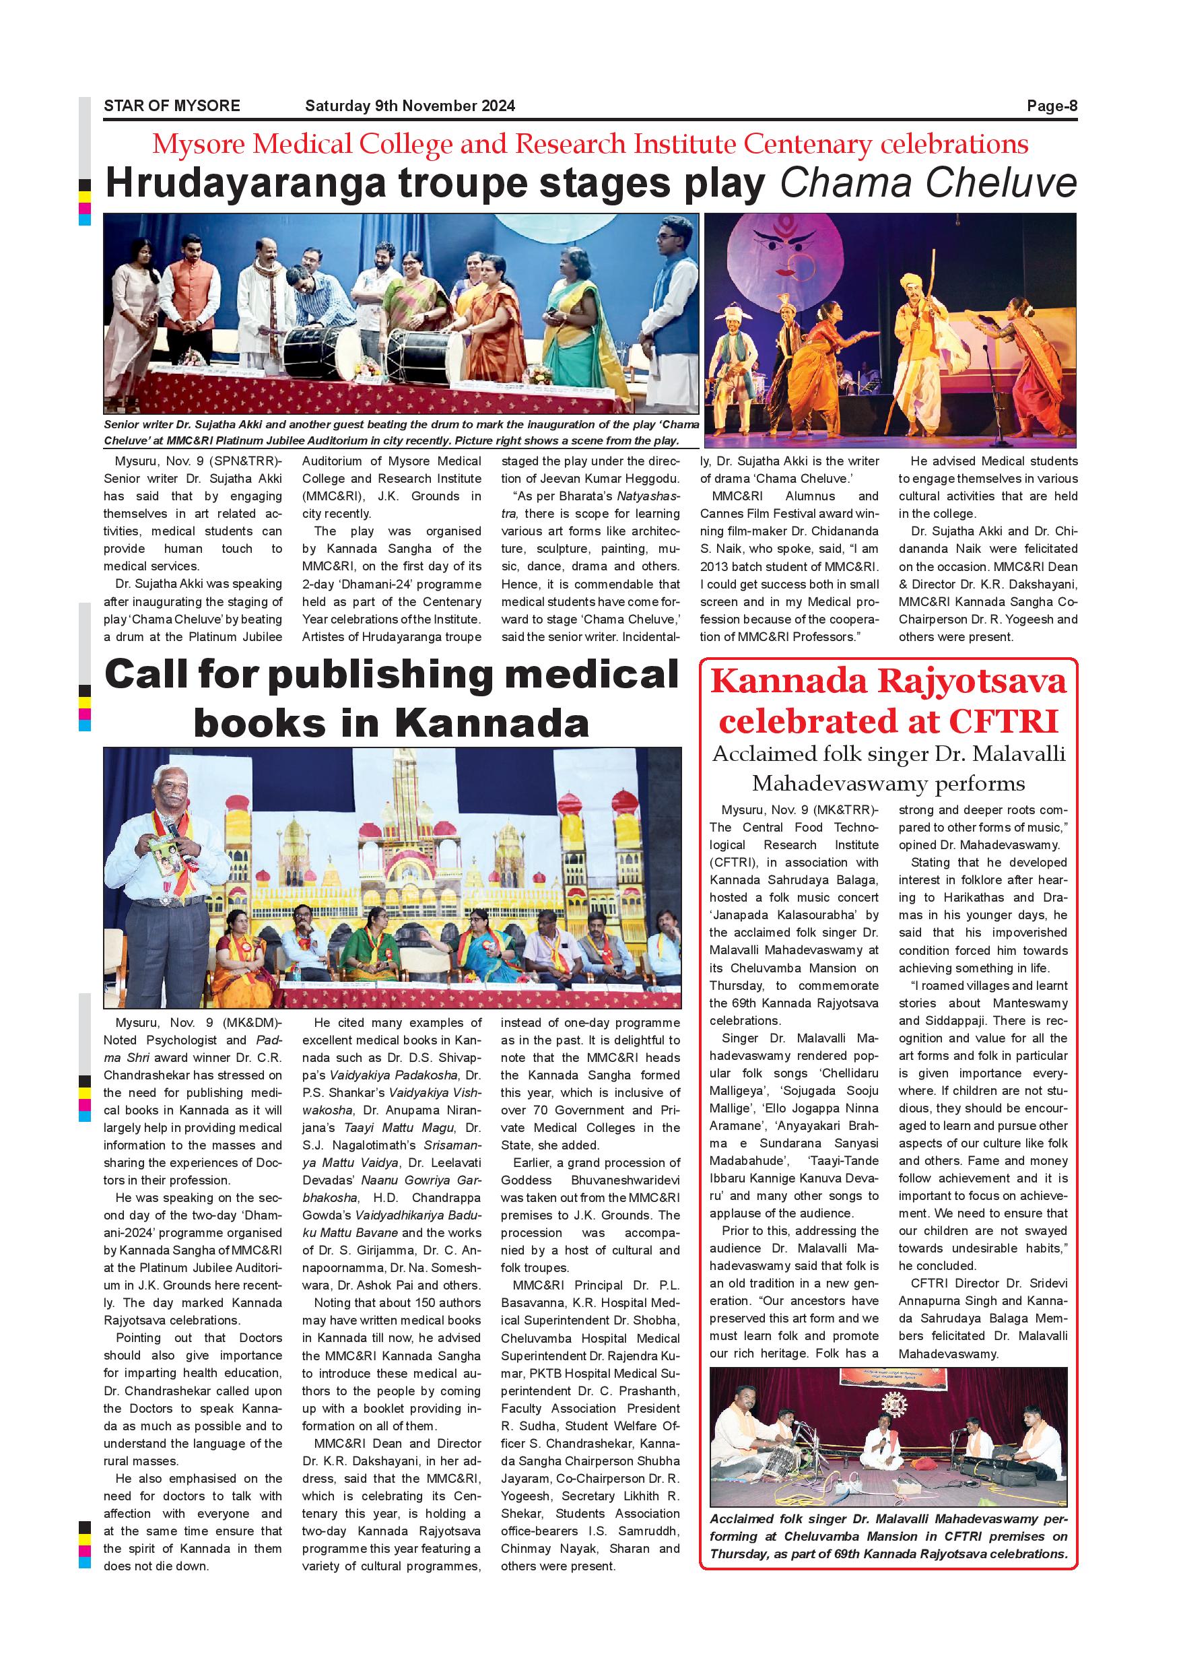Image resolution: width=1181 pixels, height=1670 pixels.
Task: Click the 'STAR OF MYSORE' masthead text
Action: click(x=172, y=106)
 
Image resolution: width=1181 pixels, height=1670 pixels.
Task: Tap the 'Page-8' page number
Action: click(x=1052, y=106)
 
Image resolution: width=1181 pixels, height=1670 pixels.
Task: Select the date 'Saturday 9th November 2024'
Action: click(x=410, y=106)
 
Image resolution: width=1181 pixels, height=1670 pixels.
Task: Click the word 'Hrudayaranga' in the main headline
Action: click(x=245, y=183)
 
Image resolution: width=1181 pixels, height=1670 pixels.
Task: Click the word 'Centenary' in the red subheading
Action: click(x=807, y=145)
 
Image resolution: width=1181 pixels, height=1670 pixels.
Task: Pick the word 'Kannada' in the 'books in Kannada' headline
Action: click(x=492, y=723)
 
